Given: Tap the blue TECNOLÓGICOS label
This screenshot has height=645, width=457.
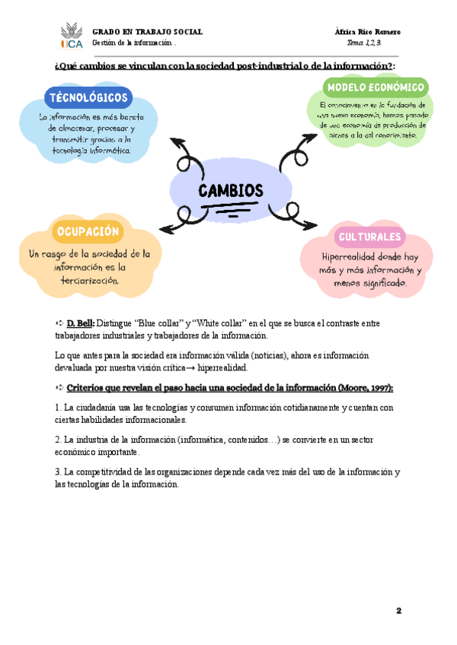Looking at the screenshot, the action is [x=89, y=97].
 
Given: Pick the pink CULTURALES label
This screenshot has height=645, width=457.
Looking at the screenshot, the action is [x=369, y=237].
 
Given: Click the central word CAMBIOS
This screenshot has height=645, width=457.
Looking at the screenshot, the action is [x=231, y=190].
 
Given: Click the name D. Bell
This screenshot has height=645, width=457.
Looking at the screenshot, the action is [x=80, y=323].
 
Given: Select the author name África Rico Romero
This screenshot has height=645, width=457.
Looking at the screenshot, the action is [x=367, y=32].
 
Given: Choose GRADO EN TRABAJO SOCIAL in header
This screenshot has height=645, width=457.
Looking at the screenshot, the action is [x=147, y=32].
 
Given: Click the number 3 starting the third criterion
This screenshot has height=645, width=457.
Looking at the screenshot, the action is [x=58, y=472].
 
